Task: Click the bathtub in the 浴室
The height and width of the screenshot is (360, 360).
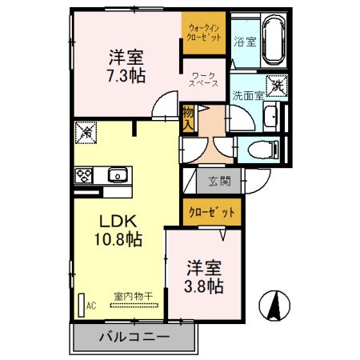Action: pos(274,40)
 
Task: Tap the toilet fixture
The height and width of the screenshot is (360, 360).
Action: pos(263,150)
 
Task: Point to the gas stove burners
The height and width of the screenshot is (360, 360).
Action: pos(84,175)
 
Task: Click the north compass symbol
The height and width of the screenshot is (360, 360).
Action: pos(274,306)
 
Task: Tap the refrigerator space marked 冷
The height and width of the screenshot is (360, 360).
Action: pos(86,132)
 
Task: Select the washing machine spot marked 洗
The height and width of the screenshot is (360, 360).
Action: pos(277,86)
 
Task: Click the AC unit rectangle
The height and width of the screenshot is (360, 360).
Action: pos(82,306)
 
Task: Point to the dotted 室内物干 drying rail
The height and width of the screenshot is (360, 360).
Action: pos(134,306)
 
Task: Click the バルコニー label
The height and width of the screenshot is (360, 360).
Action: pos(134,338)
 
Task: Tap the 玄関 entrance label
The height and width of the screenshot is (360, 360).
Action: pos(220,182)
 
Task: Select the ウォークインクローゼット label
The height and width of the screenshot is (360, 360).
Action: pos(204,32)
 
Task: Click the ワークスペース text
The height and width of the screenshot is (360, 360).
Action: pos(203,79)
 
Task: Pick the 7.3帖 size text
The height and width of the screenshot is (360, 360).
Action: pos(126,76)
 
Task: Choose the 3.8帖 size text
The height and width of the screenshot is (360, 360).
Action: pos(204,286)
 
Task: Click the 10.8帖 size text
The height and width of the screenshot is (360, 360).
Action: pos(118,239)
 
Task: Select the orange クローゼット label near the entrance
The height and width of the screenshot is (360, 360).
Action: pos(212,213)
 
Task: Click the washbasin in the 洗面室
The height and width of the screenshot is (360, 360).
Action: pos(271,117)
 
